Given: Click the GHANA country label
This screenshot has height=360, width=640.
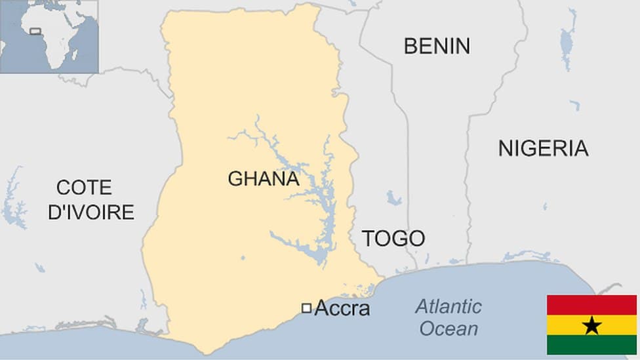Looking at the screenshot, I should [264, 178].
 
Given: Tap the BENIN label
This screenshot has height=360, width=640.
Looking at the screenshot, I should [437, 46].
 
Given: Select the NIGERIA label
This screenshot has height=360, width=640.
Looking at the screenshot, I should [543, 148].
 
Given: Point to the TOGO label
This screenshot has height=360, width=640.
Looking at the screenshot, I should [393, 238].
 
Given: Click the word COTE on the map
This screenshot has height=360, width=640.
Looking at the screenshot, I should [85, 188].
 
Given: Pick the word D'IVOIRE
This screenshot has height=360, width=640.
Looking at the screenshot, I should [91, 212].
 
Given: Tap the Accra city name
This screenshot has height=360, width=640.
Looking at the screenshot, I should [342, 308].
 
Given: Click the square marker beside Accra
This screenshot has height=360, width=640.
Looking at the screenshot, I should [306, 308].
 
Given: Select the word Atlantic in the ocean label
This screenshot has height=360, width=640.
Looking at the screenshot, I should [449, 306].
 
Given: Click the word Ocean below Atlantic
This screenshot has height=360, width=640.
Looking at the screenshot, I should [449, 329].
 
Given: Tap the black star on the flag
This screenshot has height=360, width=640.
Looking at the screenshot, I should [591, 325].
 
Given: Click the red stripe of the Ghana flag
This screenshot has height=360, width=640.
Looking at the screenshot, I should [591, 305].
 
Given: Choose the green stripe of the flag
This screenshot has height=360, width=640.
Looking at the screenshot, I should [591, 345].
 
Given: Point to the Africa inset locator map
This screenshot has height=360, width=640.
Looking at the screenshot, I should [49, 37].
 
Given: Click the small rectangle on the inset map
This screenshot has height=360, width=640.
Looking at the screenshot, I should [35, 31].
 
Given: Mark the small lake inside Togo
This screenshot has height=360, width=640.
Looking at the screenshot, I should [393, 198].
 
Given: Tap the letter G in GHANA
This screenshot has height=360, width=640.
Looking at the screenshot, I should [235, 178].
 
